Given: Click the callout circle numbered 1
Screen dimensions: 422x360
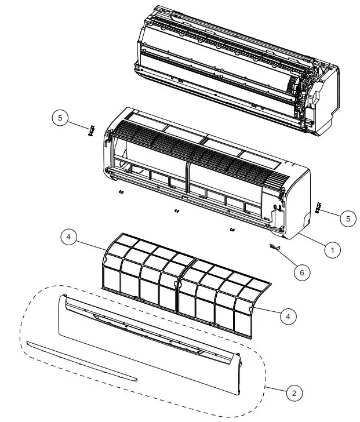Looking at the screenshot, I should tap(332, 250).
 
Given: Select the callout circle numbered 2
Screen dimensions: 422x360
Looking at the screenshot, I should tap(294, 393).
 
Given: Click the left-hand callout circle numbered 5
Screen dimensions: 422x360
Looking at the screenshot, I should tap(60, 118).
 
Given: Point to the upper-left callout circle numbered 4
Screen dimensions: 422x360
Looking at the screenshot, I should tap(68, 238).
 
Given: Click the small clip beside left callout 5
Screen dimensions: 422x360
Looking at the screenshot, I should tap(90, 130).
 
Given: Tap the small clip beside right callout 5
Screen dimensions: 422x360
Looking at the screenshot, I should tap(317, 206).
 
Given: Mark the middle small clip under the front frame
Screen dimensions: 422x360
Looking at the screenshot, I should tap(176, 209).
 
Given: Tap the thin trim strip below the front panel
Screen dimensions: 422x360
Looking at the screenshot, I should tap(81, 361).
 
